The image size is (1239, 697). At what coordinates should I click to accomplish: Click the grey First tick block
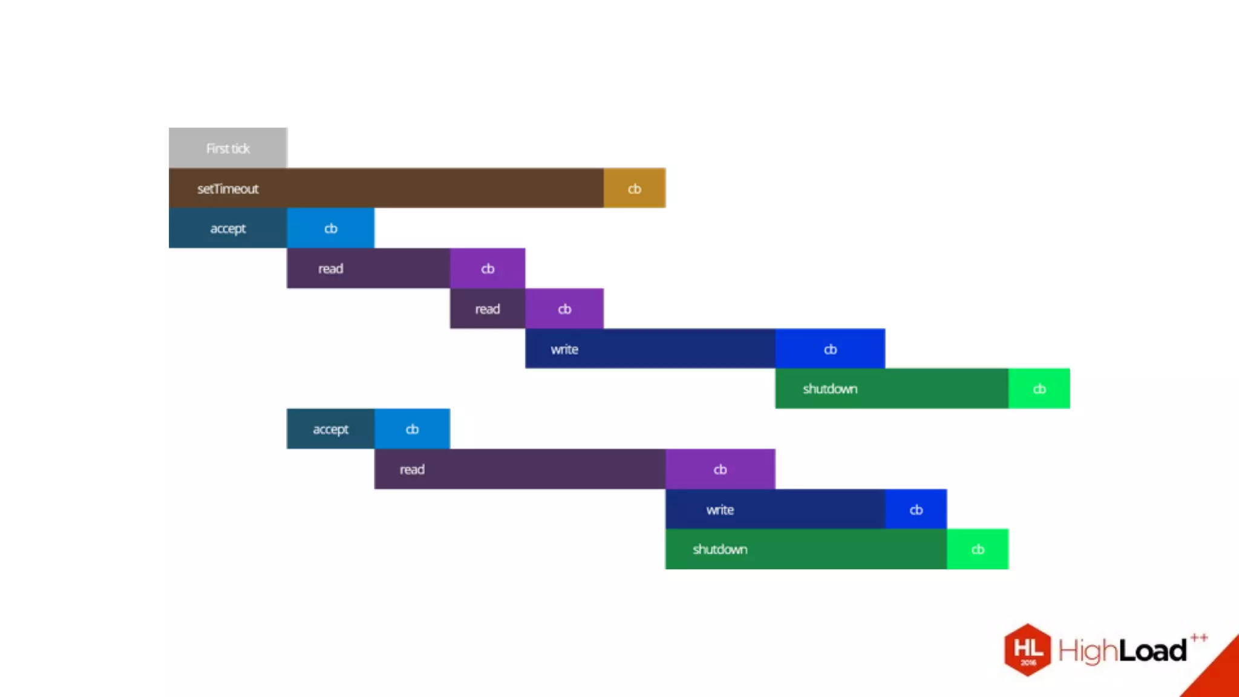click(x=227, y=148)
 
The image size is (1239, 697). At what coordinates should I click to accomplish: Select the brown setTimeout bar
click(x=385, y=188)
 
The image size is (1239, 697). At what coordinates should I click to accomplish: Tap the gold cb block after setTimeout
click(x=634, y=188)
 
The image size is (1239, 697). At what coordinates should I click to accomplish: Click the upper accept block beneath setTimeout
click(x=227, y=228)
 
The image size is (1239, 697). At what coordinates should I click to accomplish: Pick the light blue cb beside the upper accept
click(x=330, y=228)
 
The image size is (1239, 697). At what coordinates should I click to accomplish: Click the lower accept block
click(x=330, y=429)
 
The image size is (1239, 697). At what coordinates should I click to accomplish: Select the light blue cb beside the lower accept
click(x=412, y=429)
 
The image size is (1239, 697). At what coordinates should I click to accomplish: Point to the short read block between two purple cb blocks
click(x=487, y=309)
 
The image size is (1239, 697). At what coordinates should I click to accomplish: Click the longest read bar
click(x=520, y=469)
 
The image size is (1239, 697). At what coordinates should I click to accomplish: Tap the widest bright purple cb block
click(x=720, y=469)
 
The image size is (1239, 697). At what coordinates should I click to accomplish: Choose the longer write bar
click(x=650, y=348)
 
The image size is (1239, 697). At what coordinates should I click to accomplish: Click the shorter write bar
click(x=775, y=509)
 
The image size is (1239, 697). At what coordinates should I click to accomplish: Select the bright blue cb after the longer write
click(x=830, y=348)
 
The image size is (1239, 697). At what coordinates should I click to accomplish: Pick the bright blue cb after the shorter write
click(x=916, y=509)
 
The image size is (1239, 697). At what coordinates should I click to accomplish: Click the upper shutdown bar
click(x=891, y=388)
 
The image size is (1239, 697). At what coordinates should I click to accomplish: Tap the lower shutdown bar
click(x=806, y=549)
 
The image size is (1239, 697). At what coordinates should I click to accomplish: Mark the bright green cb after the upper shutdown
click(x=1039, y=388)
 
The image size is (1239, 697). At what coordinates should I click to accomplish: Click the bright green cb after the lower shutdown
click(x=978, y=549)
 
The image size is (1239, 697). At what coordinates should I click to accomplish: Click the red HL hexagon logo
click(x=1028, y=650)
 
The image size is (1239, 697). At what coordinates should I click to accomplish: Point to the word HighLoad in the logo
click(x=1122, y=651)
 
